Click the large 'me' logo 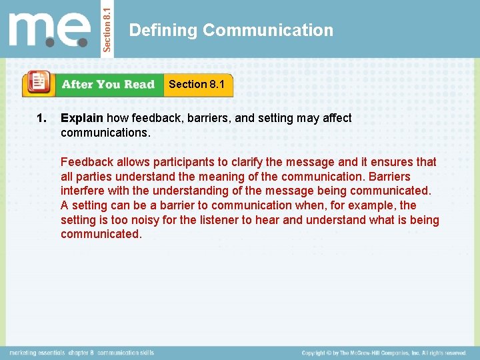tap(49, 31)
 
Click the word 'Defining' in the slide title tap(163, 30)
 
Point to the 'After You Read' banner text tap(107, 85)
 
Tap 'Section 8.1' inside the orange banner tap(197, 84)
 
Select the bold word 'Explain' tap(81, 118)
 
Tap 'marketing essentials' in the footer tap(38, 352)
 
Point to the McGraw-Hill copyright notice tap(383, 352)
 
